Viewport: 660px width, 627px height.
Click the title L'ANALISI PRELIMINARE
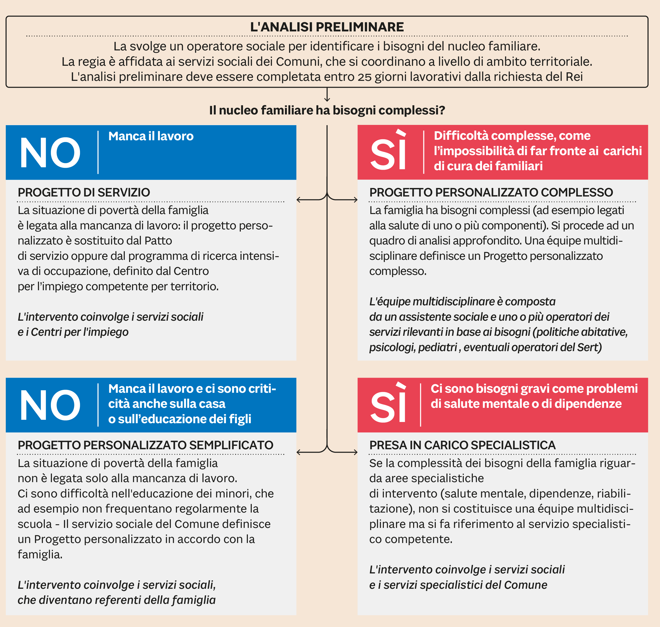click(x=327, y=27)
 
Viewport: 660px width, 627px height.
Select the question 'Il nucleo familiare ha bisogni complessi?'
click(x=327, y=110)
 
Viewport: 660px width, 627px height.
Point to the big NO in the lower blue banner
click(x=50, y=405)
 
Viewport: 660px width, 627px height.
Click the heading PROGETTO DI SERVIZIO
click(x=84, y=193)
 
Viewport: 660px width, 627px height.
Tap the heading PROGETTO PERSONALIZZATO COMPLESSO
click(x=491, y=193)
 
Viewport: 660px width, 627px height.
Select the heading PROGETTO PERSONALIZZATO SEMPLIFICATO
click(x=146, y=445)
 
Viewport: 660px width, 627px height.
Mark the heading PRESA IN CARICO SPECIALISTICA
click(x=462, y=445)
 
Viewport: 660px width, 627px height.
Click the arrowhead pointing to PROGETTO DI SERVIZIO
click(x=298, y=200)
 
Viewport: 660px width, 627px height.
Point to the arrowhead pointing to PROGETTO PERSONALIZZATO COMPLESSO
click(x=356, y=200)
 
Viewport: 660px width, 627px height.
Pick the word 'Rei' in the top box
click(x=574, y=77)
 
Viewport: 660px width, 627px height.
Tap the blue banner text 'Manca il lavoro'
click(x=151, y=136)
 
